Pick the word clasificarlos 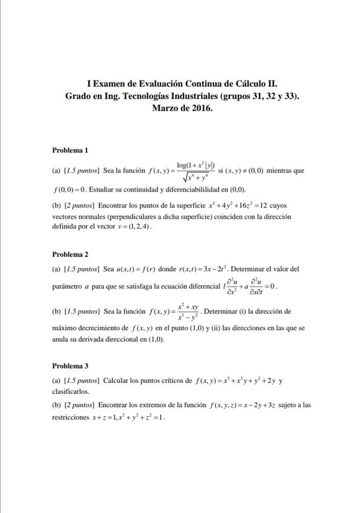click(x=71, y=391)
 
